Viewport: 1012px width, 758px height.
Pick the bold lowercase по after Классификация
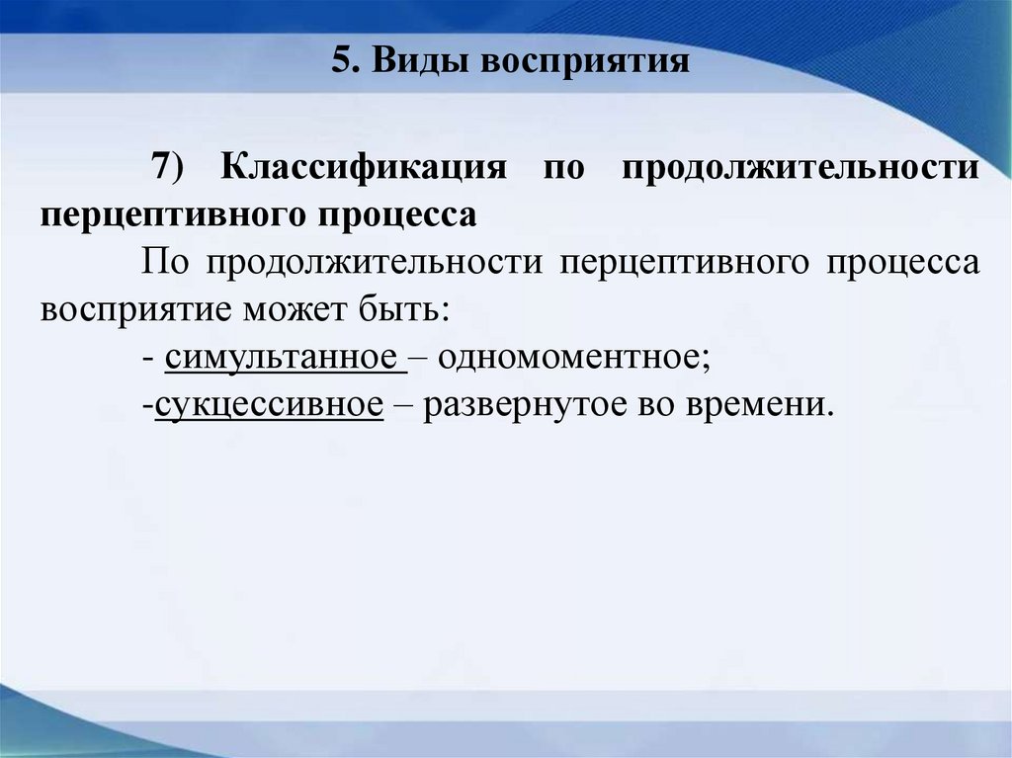563,166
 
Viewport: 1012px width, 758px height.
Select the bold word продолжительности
801,165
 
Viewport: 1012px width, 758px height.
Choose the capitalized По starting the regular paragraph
164,264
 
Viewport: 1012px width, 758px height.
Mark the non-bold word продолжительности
377,264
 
